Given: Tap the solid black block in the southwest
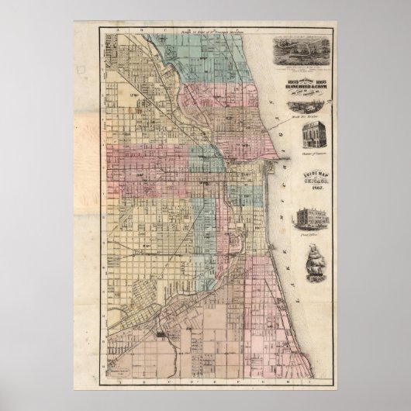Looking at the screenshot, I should tap(160, 334).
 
